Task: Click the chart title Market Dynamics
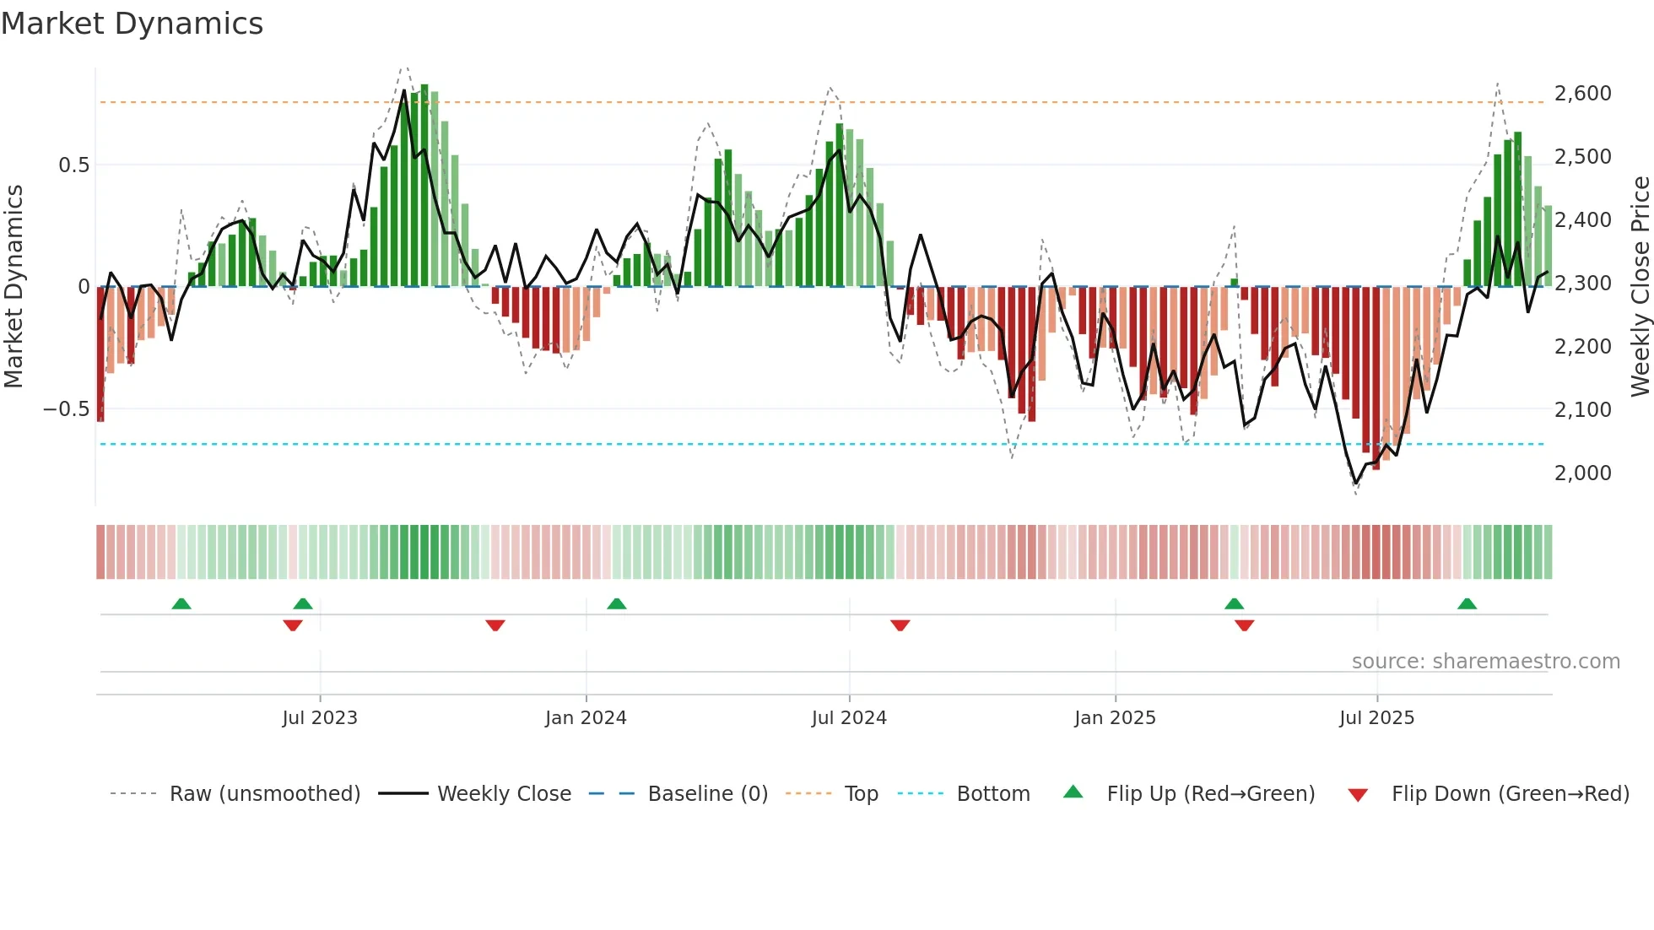(x=132, y=24)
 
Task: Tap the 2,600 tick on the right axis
(x=1582, y=93)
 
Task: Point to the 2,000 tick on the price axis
(x=1582, y=473)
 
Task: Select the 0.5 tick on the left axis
(x=74, y=165)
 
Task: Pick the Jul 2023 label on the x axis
(x=320, y=718)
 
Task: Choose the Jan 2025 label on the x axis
(x=1115, y=718)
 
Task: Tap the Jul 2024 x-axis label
(x=849, y=718)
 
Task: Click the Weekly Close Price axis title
(x=1640, y=286)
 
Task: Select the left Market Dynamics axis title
(x=14, y=286)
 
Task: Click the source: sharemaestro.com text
(x=1485, y=662)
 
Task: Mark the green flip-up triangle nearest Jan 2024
(x=617, y=603)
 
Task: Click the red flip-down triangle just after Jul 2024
(x=900, y=625)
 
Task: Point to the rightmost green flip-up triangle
(x=1467, y=603)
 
